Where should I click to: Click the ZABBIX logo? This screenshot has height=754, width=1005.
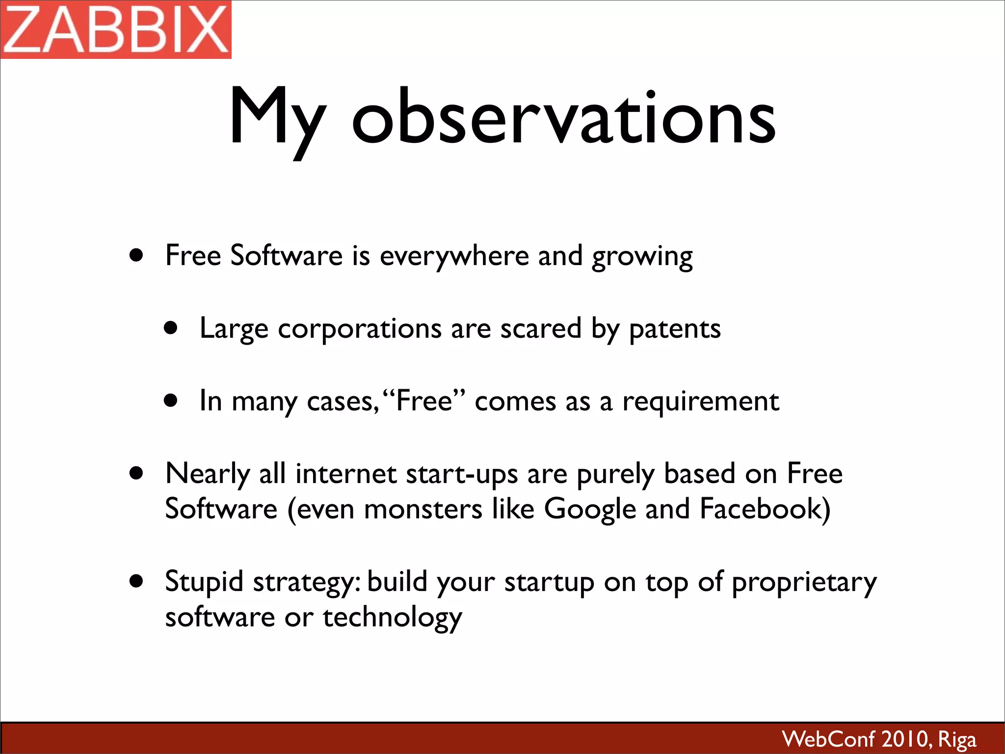click(116, 29)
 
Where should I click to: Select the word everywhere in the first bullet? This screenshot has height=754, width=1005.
click(453, 256)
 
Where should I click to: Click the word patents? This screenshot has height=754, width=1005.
click(675, 329)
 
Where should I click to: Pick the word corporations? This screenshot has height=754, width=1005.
click(360, 329)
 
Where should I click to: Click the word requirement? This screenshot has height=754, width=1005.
click(700, 402)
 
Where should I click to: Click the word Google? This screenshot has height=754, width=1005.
click(590, 510)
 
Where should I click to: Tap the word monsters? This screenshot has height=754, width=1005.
click(423, 509)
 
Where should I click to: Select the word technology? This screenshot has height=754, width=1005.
click(392, 618)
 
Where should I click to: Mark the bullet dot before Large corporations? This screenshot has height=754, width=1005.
click(171, 328)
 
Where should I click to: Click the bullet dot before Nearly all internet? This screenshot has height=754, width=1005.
click(136, 474)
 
